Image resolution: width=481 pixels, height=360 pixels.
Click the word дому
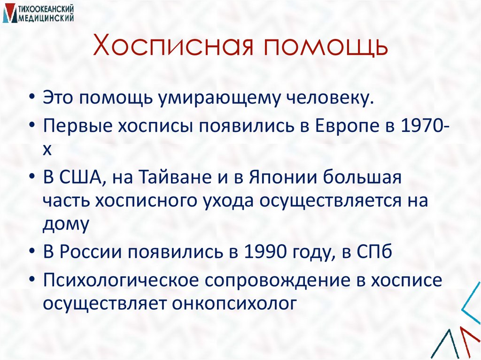65,224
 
